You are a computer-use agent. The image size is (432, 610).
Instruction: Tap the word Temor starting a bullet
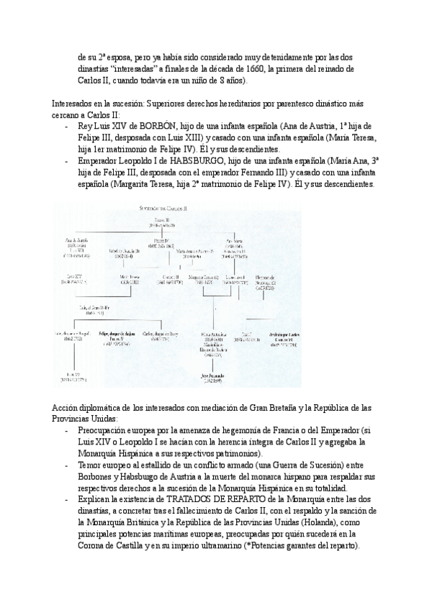[91, 465]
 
